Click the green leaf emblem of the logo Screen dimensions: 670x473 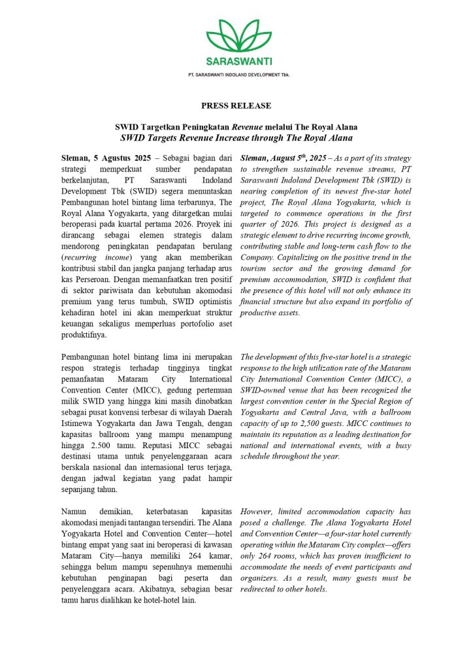236,37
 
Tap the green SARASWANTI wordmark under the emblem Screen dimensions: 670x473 236,62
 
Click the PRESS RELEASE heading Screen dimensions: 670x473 236,105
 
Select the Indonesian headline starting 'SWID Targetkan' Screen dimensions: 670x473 236,127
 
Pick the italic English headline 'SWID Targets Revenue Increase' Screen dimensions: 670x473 236,138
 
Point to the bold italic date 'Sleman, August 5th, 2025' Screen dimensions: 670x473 284,158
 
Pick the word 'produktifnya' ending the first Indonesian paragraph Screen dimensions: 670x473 83,334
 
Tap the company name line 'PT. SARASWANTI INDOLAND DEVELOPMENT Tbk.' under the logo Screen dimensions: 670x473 236,75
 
